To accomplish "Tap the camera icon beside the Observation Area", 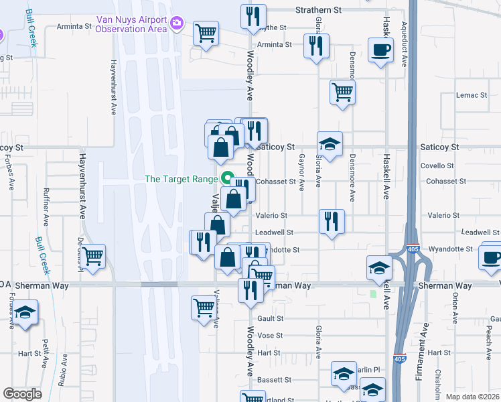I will (177, 23).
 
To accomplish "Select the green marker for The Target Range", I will (226, 180).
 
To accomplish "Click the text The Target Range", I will (181, 180).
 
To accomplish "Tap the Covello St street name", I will (437, 165).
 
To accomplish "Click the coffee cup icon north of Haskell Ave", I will (380, 50).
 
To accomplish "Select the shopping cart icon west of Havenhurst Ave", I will (94, 255).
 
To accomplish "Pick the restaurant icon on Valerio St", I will (331, 220).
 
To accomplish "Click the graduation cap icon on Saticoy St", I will (330, 143).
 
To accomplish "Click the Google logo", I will (22, 394).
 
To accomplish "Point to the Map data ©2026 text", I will (472, 397).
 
